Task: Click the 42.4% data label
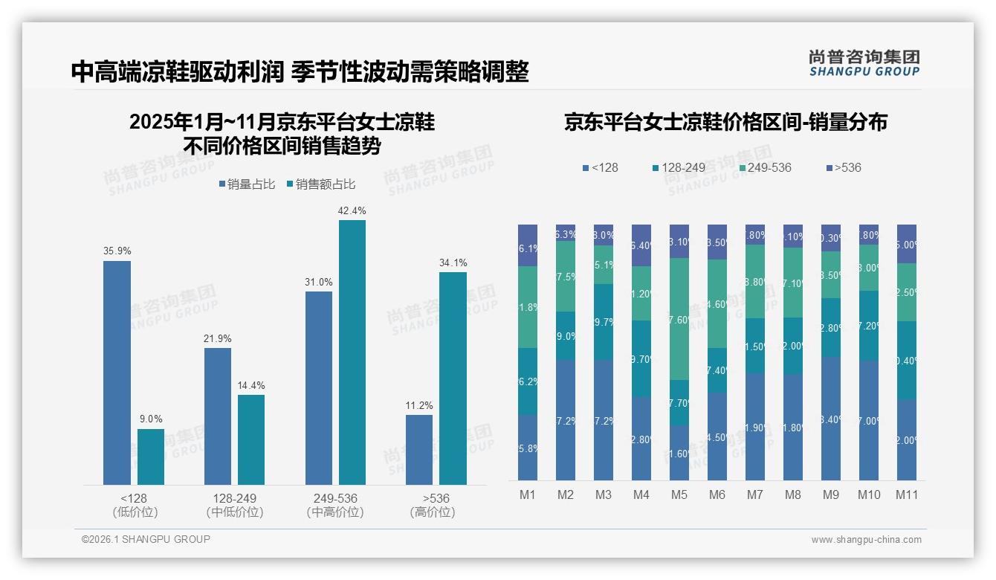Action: point(352,210)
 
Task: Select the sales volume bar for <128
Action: point(117,373)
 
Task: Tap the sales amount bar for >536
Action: point(453,378)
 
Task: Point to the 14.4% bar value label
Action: point(251,385)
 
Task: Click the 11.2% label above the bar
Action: point(419,405)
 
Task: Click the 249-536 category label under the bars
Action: point(335,498)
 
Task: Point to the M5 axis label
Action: point(679,494)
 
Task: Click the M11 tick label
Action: point(907,494)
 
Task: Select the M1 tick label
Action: point(528,494)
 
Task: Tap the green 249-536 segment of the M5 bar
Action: point(679,319)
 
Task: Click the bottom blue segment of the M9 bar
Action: point(831,419)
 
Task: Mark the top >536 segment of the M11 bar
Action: point(907,244)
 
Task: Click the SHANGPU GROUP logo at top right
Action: point(864,63)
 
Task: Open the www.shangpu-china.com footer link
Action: point(866,540)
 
